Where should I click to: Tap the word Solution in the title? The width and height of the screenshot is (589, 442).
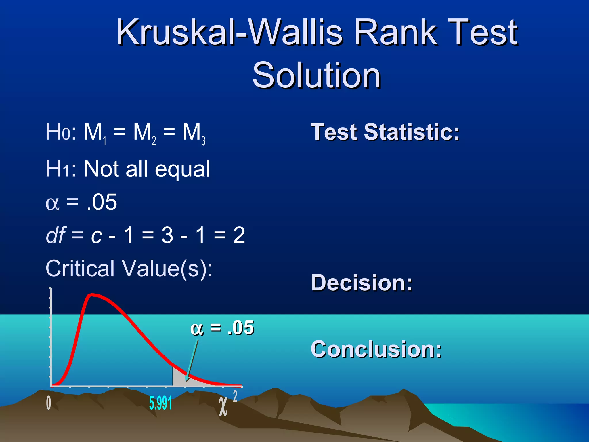click(316, 76)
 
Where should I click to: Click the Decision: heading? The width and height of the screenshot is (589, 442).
click(362, 283)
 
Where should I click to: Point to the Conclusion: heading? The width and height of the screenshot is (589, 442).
click(376, 349)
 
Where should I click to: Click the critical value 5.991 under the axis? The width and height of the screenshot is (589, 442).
click(160, 403)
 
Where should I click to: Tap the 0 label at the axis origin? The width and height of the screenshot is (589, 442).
click(49, 403)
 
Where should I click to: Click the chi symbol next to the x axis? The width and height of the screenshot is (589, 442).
click(223, 406)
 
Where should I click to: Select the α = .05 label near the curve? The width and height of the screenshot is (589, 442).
click(222, 328)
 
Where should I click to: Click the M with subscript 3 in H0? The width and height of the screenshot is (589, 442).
click(193, 133)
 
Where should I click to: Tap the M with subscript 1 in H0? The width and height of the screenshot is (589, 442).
click(94, 133)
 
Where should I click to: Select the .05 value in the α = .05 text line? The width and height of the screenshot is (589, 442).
click(102, 202)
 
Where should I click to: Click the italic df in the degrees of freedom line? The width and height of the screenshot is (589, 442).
click(56, 235)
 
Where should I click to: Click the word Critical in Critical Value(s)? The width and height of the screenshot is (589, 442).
click(80, 268)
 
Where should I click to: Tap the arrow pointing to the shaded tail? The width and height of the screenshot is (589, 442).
click(192, 360)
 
